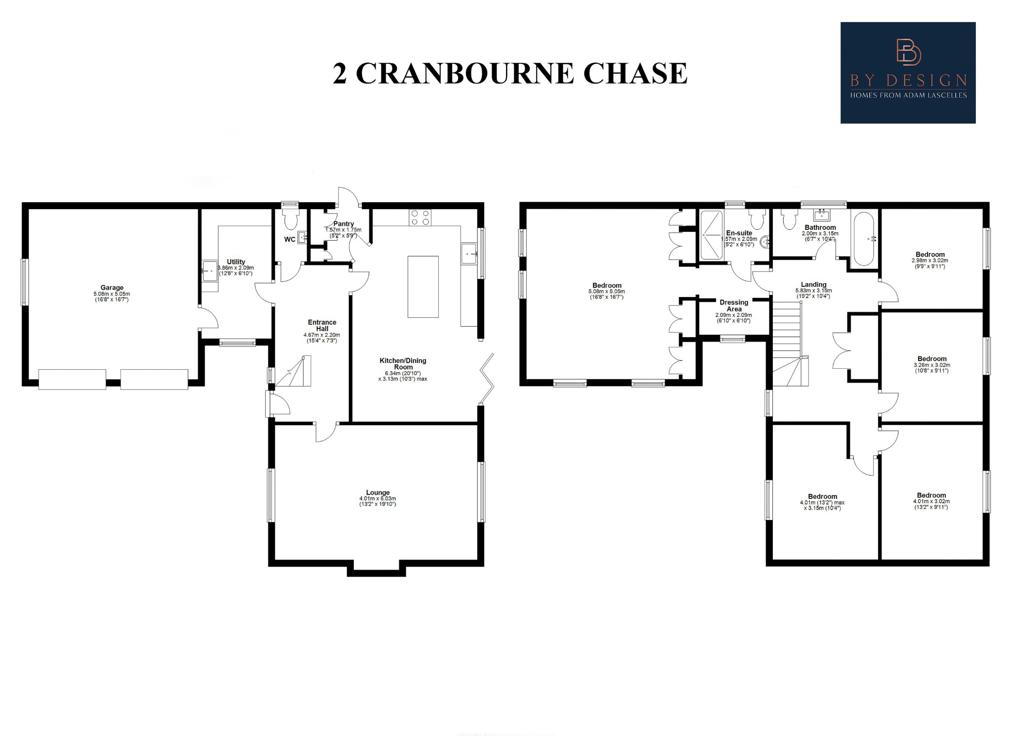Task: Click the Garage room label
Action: click(112, 288)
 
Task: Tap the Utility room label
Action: click(236, 262)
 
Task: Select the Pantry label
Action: click(343, 224)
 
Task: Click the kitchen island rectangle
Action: click(423, 287)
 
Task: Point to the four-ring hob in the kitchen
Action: click(420, 217)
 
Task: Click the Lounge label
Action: click(378, 492)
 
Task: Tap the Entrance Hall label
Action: click(322, 325)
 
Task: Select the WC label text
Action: click(290, 240)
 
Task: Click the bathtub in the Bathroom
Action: click(863, 239)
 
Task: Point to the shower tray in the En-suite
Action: click(712, 235)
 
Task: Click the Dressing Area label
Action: click(734, 305)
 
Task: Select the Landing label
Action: click(813, 285)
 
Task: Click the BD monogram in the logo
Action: click(908, 52)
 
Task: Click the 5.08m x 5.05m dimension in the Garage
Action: click(112, 294)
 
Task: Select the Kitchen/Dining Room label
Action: click(403, 364)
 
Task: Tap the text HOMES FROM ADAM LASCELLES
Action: click(908, 95)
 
